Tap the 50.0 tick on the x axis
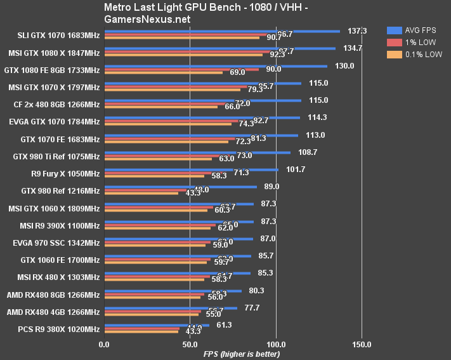coord(190,345)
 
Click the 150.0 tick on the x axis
coord(362,345)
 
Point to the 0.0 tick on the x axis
coord(104,345)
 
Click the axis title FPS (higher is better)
coord(241,353)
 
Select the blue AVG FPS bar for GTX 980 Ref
coord(180,187)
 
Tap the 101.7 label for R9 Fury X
coord(296,170)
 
